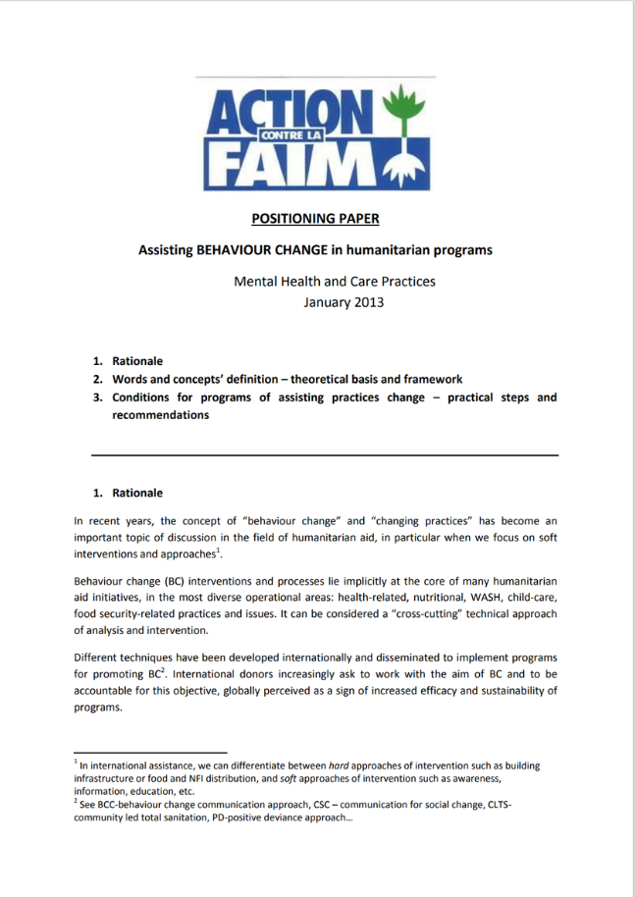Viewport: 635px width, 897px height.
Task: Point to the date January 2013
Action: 343,301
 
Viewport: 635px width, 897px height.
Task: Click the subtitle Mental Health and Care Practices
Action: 334,281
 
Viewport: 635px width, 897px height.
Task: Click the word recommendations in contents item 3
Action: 160,414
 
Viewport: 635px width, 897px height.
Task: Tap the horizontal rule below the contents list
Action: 325,455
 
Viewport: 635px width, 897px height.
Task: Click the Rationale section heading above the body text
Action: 137,493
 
